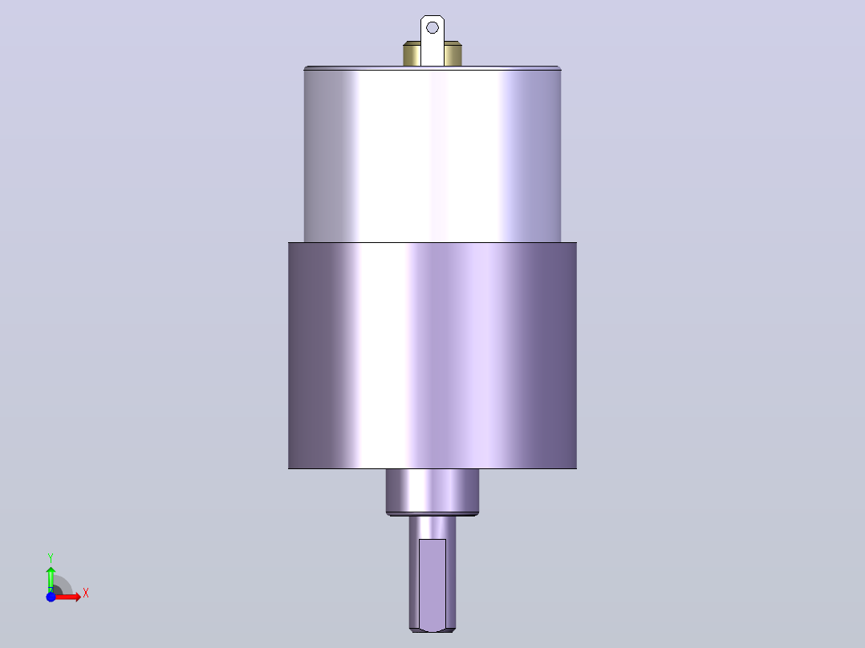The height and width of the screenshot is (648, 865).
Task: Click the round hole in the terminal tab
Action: tap(433, 27)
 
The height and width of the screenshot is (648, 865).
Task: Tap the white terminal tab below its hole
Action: tap(433, 51)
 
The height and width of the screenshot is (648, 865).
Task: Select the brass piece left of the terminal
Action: tap(412, 54)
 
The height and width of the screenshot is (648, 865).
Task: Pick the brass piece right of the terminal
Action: tap(453, 54)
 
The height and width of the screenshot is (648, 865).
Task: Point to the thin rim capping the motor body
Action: tap(433, 68)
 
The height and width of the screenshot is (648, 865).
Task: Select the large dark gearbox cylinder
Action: tap(433, 356)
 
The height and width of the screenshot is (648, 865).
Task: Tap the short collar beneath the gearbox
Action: tap(433, 491)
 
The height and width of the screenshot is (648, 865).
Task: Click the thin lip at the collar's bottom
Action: tap(433, 515)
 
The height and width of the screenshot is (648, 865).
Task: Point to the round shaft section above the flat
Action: tap(433, 528)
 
